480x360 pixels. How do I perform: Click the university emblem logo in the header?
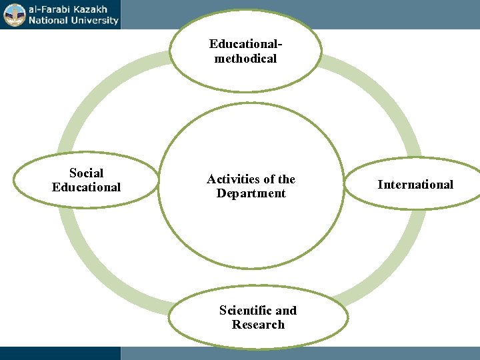coord(14,15)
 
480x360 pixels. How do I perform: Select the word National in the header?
coord(48,20)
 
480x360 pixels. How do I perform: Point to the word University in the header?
coord(94,20)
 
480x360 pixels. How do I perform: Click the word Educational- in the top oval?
coord(245,44)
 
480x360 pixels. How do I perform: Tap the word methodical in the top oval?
coord(245,59)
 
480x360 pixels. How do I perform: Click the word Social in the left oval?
coord(86,173)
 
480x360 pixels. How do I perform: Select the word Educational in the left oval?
coord(86,187)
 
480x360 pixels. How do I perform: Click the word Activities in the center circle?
coord(231,179)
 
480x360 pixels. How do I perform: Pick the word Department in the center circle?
coord(251,193)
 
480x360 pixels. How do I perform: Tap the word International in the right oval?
coord(415,185)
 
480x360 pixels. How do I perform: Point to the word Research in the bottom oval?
coord(258,325)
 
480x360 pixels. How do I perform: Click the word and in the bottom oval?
coord(286,311)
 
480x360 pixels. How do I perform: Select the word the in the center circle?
coord(287,179)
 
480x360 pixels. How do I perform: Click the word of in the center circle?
coord(268,179)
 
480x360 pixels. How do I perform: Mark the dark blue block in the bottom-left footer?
coord(60,353)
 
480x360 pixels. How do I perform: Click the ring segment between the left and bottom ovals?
coord(100,273)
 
